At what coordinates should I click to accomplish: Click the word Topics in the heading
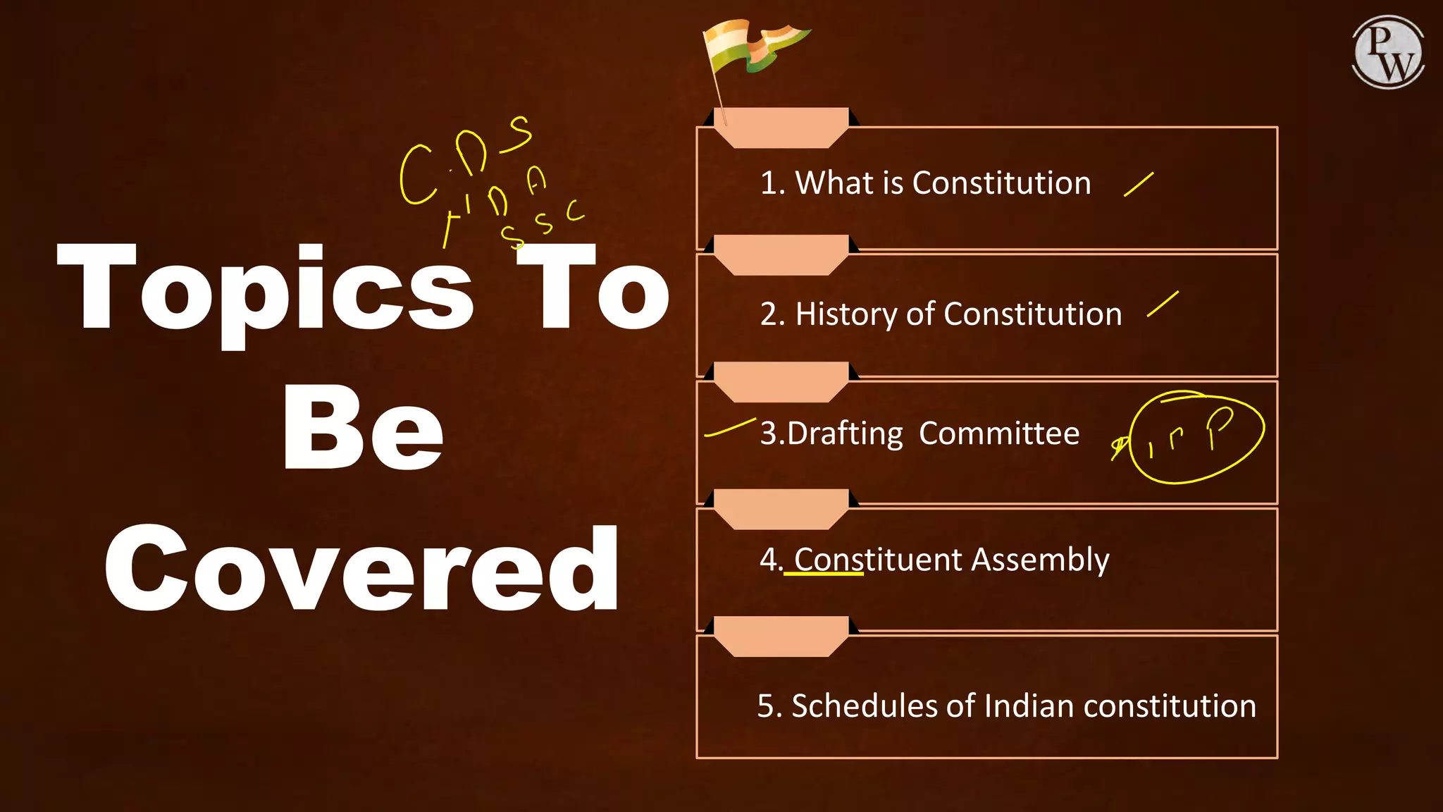pos(264,289)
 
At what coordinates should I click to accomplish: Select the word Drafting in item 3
pos(845,433)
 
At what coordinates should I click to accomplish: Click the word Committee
pos(998,433)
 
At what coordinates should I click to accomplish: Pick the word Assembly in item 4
pos(1039,560)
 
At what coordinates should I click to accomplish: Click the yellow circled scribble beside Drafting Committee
pos(1196,438)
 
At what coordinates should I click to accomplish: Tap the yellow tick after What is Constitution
pos(1139,184)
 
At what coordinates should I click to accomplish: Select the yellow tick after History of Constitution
pos(1163,304)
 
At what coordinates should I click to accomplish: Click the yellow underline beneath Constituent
pos(823,574)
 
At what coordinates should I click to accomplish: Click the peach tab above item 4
pos(781,508)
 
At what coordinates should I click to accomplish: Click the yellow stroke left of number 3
pos(730,427)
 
